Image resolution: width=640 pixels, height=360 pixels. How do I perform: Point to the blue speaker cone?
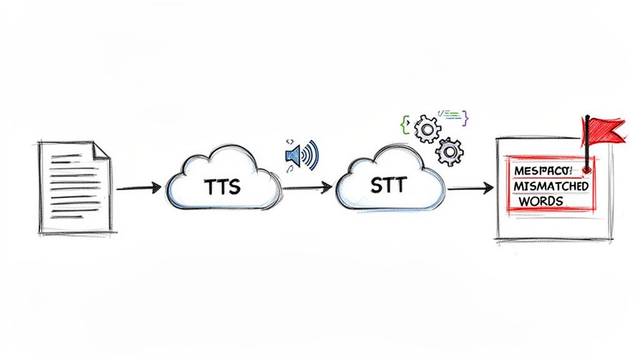tap(292, 153)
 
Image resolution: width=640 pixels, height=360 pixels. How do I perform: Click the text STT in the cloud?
tap(389, 185)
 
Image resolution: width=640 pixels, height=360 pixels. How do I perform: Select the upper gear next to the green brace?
tap(427, 129)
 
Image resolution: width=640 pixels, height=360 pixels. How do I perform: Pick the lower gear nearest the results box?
tap(449, 151)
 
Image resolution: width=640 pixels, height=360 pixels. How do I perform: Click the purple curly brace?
tap(466, 117)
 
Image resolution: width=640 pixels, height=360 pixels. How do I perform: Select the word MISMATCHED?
tap(549, 186)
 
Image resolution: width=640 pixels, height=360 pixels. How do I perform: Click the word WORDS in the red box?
tap(540, 202)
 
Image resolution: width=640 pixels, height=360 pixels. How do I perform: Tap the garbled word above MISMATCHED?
tap(546, 171)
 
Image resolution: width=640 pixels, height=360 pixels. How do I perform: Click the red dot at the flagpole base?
tap(586, 169)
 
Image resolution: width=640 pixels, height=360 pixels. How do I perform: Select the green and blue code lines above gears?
tap(451, 114)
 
